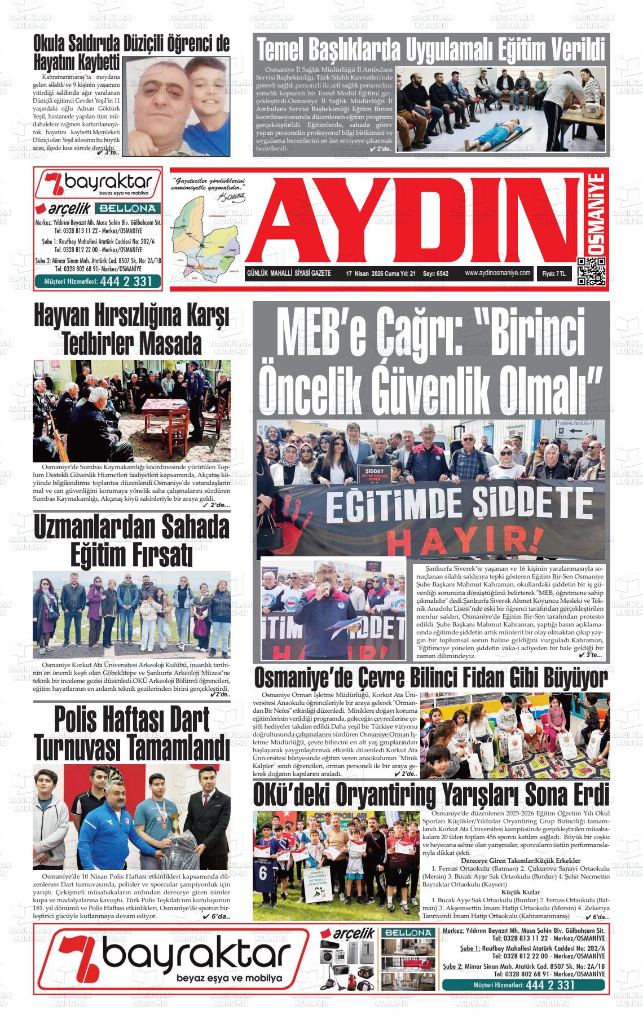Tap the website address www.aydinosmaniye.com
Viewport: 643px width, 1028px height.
tap(498, 273)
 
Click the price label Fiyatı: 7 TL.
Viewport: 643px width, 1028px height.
tap(554, 273)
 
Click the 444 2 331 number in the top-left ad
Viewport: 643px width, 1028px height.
tap(127, 281)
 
